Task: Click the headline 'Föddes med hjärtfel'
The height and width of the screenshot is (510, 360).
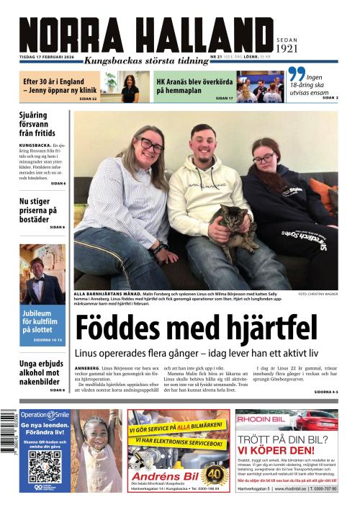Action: (196, 328)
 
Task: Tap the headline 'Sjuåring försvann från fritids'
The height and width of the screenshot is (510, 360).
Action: (42, 124)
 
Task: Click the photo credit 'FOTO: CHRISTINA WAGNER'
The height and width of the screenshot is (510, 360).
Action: (317, 295)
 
